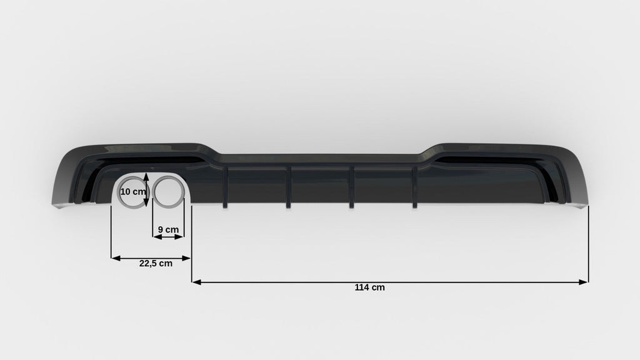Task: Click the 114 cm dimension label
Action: tap(369, 287)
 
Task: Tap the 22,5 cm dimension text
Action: tap(156, 264)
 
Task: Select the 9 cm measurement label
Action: tap(168, 230)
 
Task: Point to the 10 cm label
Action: tap(133, 191)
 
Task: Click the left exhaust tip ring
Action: tap(120, 192)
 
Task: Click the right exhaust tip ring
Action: tap(154, 192)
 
